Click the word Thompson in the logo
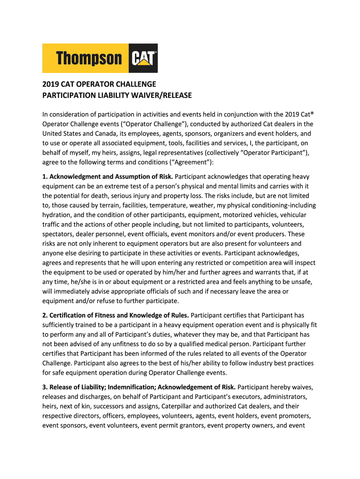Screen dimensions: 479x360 coord(89,59)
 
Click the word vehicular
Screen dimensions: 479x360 coord(290,215)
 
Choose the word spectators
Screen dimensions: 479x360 coord(59,234)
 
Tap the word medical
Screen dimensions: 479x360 coord(215,344)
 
